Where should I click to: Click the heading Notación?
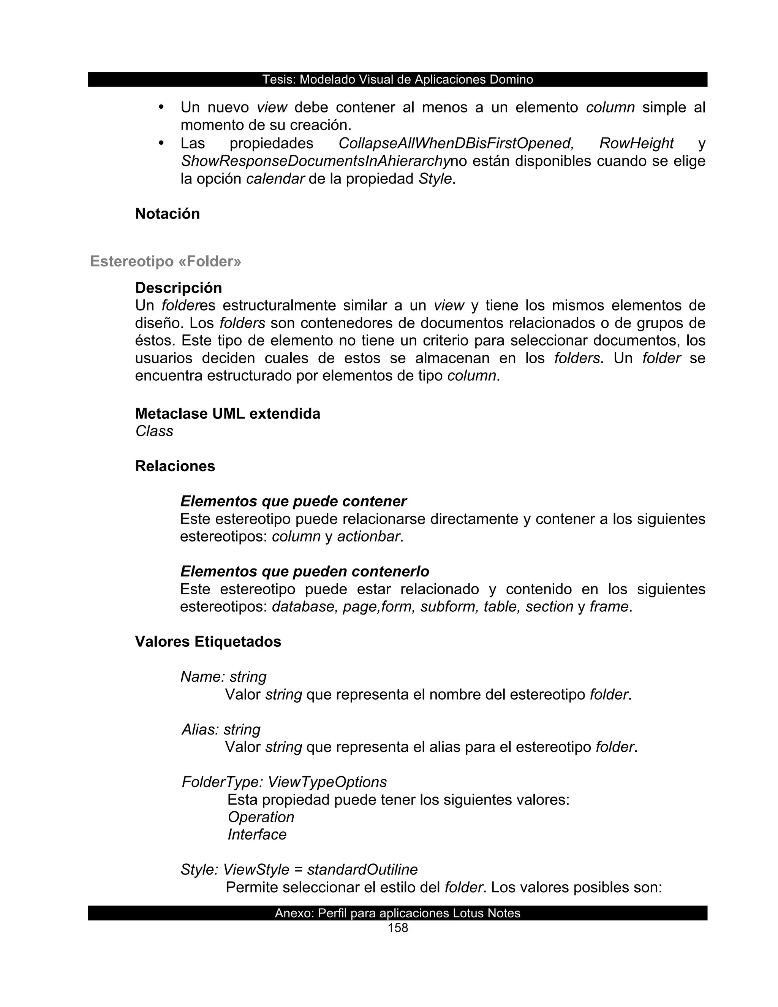tap(167, 214)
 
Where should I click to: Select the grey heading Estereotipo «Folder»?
tap(166, 261)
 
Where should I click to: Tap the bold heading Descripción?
tap(179, 288)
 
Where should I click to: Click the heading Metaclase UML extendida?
tap(227, 413)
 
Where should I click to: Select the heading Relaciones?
tap(175, 466)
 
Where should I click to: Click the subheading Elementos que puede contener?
tap(293, 501)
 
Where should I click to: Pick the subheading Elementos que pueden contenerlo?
tap(305, 571)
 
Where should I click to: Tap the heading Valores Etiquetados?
tap(208, 641)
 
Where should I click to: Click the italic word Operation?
tap(261, 817)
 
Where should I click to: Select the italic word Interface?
tap(257, 834)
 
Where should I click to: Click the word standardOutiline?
tap(362, 869)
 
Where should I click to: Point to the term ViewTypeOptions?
tap(327, 782)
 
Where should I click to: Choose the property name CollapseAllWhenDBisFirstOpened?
tap(456, 143)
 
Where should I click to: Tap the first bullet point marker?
tap(161, 107)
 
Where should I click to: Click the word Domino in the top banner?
tap(511, 79)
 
